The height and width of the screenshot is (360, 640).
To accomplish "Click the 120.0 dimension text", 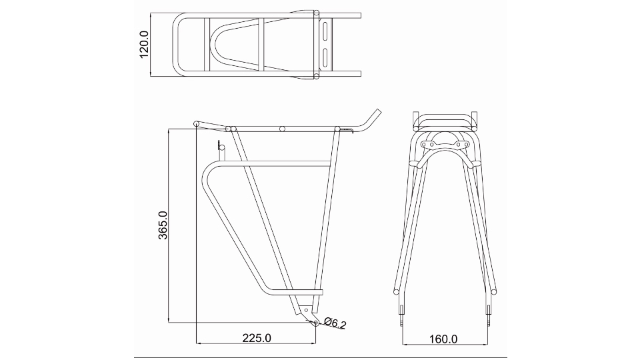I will (x=144, y=44).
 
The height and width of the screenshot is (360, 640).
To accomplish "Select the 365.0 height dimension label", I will (x=162, y=226).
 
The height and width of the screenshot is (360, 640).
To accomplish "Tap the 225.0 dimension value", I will (x=256, y=338).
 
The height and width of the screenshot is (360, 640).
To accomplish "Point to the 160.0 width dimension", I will (x=442, y=339).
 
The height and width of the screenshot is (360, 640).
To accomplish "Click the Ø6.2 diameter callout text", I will (x=335, y=324).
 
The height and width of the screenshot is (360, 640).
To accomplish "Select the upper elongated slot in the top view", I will (x=325, y=33).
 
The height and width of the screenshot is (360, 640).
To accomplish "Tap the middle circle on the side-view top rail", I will (x=283, y=127).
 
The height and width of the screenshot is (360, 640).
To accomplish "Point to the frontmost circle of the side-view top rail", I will (x=196, y=123).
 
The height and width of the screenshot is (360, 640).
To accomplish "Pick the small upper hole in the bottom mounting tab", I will (x=306, y=310).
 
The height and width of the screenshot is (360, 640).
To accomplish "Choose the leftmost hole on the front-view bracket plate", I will (x=425, y=145).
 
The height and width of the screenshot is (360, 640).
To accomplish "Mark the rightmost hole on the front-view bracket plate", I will (x=465, y=145).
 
